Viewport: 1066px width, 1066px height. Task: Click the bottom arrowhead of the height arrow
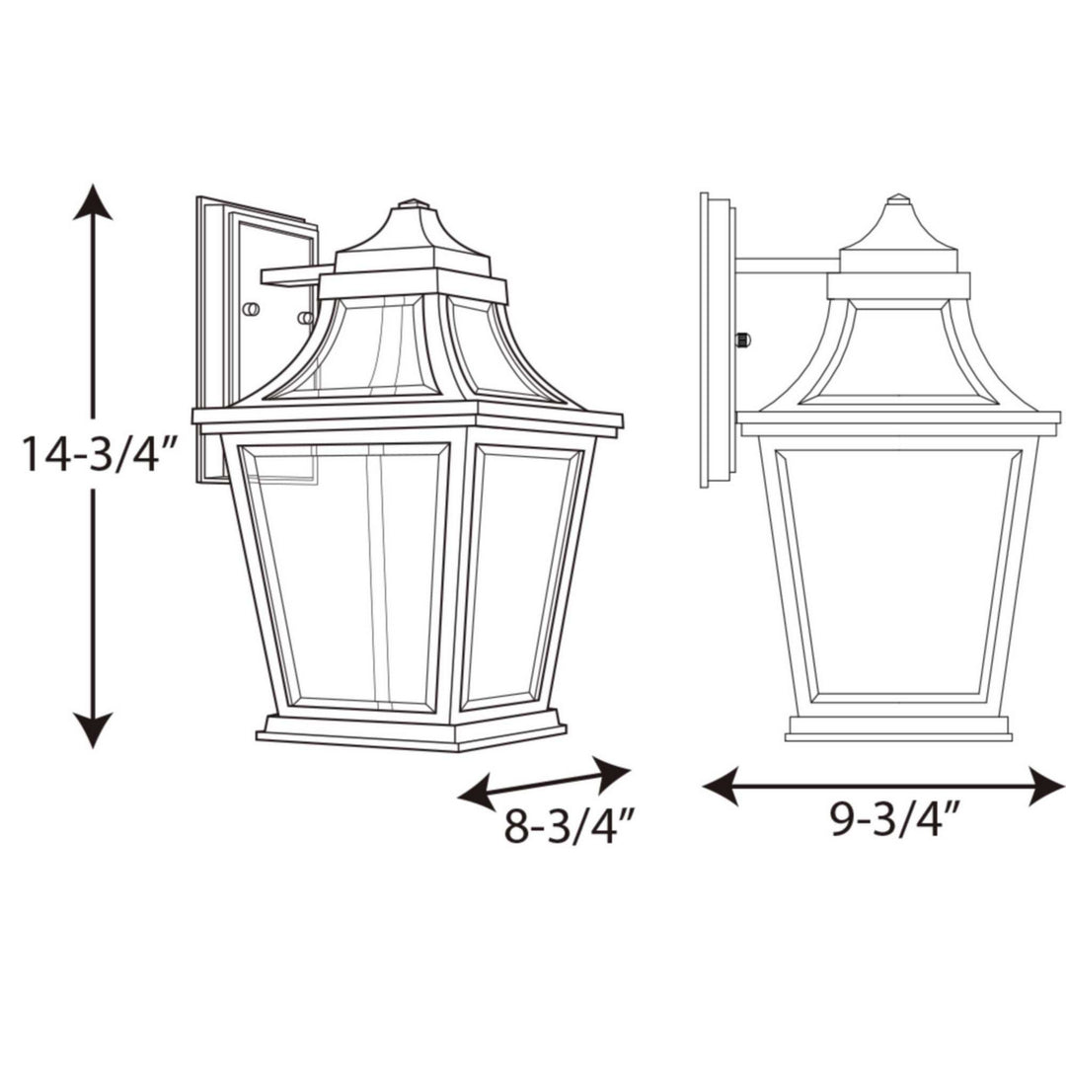point(94,731)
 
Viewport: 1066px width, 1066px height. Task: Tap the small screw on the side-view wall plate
point(743,341)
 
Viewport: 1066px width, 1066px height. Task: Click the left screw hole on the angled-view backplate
point(251,309)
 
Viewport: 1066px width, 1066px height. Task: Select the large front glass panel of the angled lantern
point(345,577)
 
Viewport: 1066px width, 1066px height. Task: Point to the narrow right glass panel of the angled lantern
point(523,577)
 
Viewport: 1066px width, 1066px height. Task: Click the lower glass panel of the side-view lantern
point(898,572)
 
